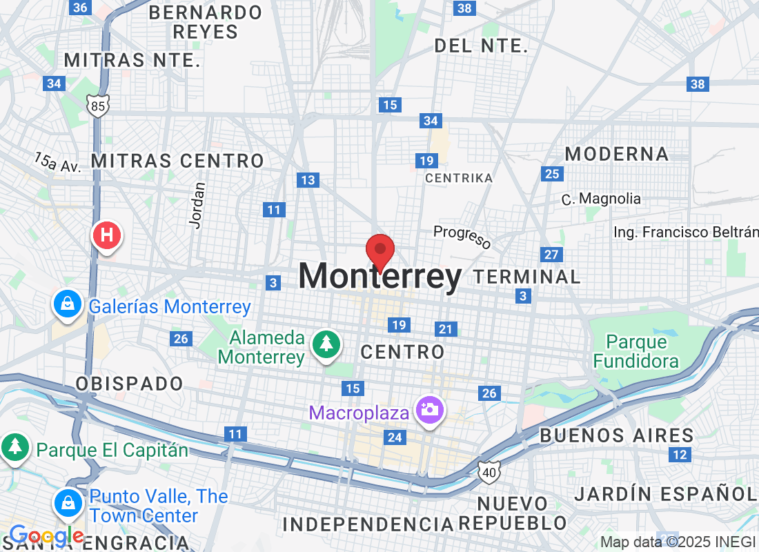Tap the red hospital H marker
107,235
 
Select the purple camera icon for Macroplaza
430,410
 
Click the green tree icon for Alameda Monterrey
326,344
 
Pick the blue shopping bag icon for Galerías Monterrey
68,304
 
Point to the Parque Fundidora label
636,351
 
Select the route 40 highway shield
488,472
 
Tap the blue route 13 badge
308,180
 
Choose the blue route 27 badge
551,255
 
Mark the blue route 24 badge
395,437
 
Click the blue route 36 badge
80,8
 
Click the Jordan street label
199,205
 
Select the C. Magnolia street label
601,199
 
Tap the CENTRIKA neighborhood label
459,178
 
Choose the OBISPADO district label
129,384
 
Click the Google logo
46,535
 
